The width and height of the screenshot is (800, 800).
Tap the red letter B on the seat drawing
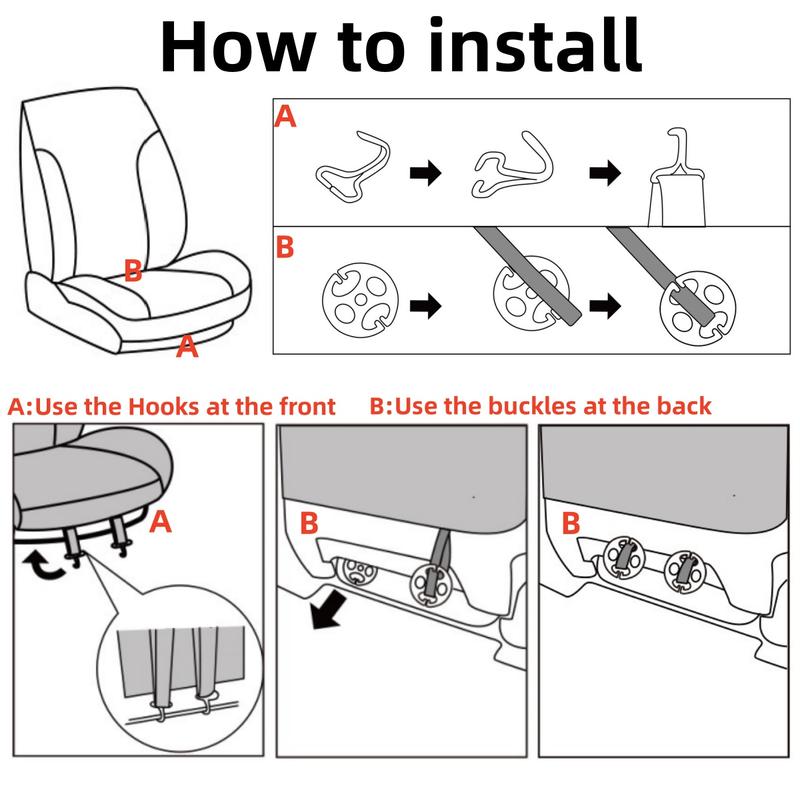tap(133, 270)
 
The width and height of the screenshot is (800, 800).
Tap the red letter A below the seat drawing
tap(187, 346)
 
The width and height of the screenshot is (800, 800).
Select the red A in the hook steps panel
tap(285, 116)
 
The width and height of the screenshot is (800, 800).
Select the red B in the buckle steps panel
tap(285, 247)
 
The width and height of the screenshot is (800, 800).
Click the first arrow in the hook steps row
tap(426, 172)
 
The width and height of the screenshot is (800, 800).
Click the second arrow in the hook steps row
tap(605, 172)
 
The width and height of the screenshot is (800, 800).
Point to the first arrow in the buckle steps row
tap(426, 306)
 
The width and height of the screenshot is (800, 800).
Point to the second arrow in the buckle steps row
tap(605, 306)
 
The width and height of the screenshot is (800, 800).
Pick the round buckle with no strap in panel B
tap(360, 301)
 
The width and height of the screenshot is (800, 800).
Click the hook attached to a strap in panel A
tap(678, 153)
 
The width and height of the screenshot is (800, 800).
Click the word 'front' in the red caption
tap(307, 407)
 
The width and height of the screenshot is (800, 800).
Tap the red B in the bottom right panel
tap(571, 523)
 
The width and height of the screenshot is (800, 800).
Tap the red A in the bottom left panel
tap(161, 522)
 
